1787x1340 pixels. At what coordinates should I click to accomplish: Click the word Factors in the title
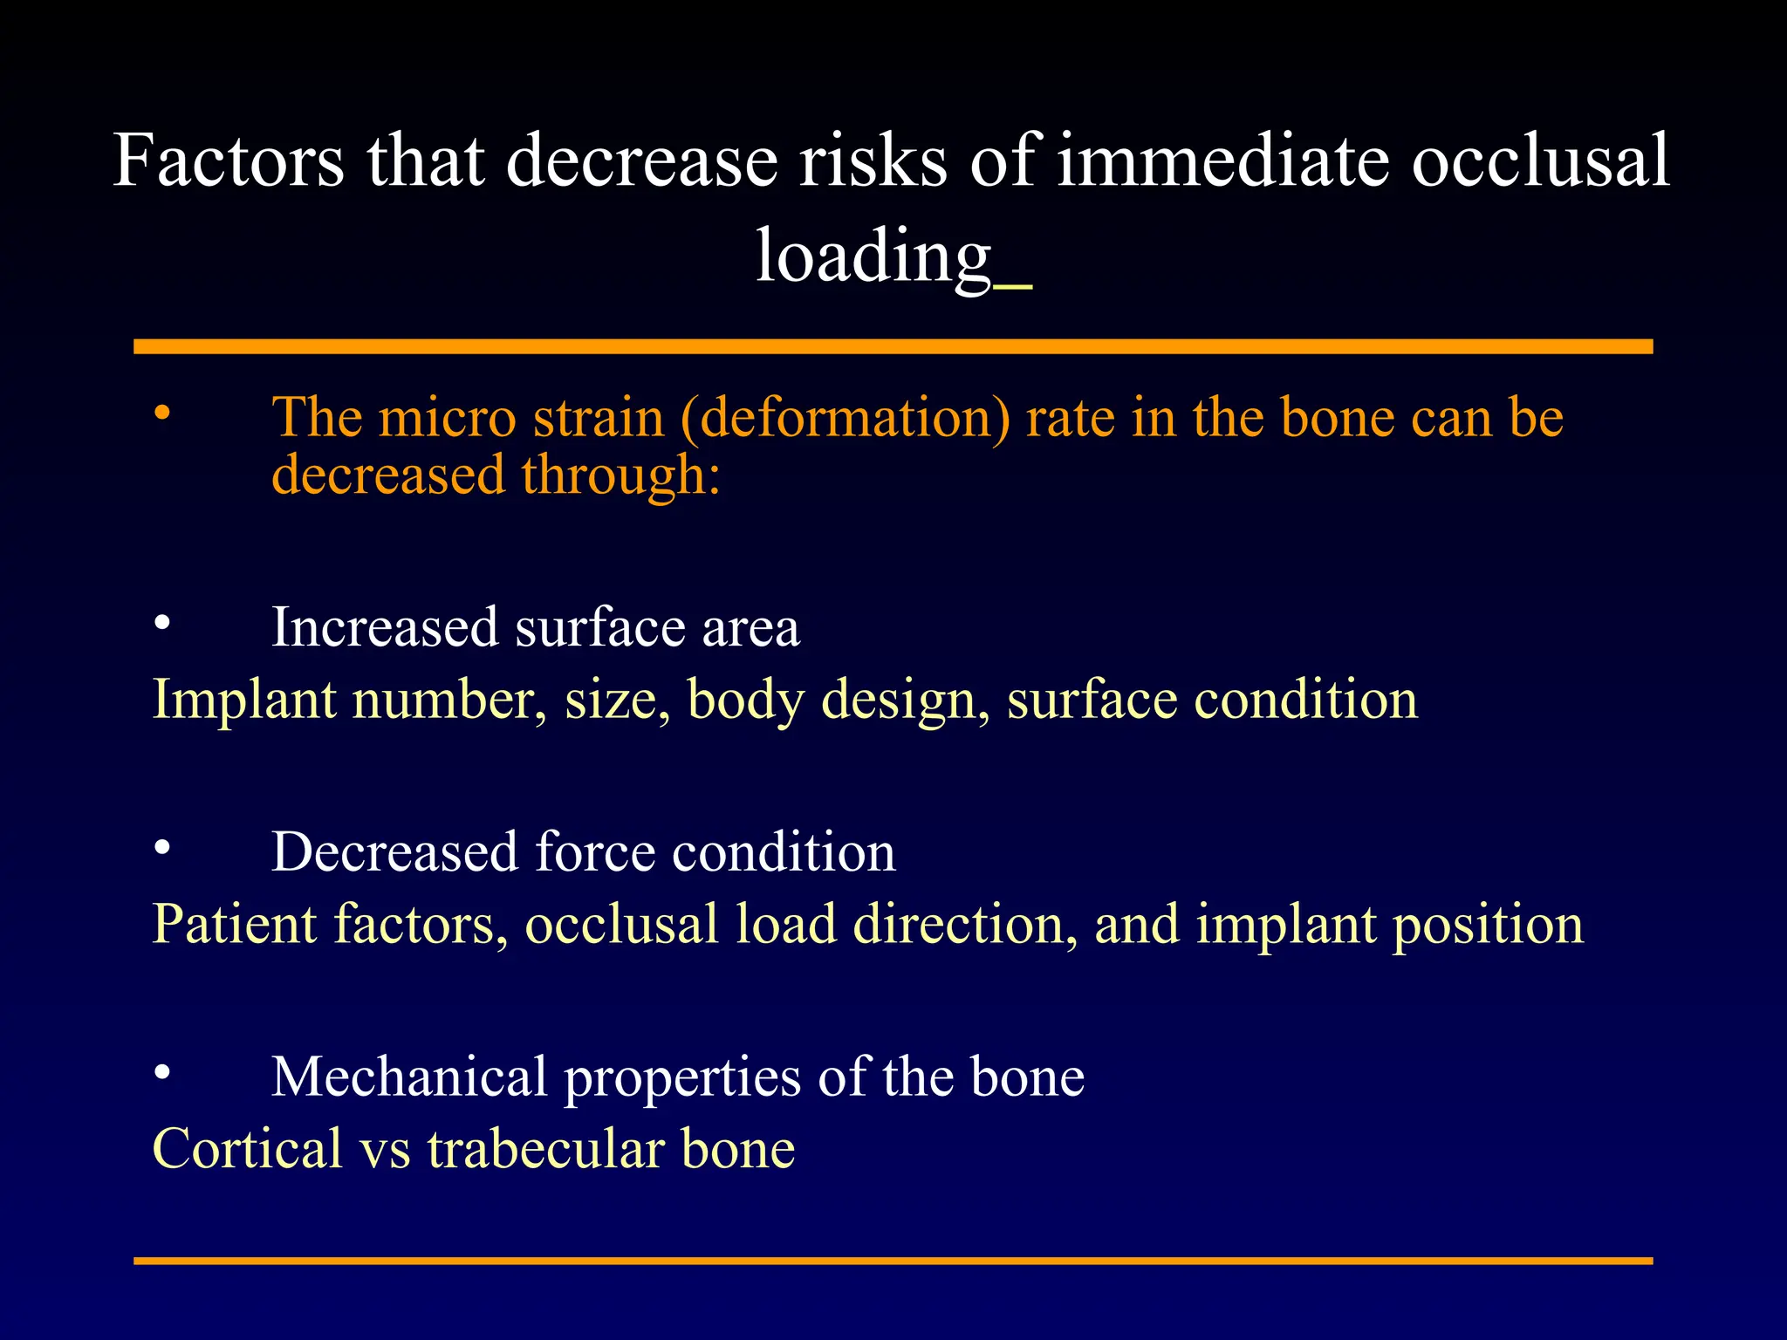(x=229, y=161)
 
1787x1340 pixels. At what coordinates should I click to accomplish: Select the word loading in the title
(x=873, y=256)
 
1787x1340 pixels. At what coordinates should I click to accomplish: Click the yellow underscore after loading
(x=1012, y=284)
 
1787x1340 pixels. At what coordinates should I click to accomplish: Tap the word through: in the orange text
(x=621, y=476)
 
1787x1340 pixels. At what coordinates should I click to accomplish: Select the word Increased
(x=385, y=628)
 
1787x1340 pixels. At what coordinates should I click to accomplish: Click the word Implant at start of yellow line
(x=243, y=701)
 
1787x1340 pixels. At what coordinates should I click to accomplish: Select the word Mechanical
(x=409, y=1077)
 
